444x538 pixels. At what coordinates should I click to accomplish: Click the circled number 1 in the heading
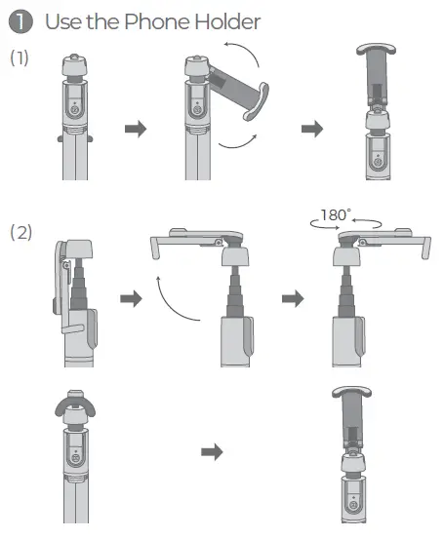click(20, 21)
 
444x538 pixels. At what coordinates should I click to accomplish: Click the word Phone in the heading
click(157, 21)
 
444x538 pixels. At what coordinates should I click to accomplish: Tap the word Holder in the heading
click(227, 21)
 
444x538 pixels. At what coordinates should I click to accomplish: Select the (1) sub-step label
click(20, 58)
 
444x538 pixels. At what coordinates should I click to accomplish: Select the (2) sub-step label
click(20, 232)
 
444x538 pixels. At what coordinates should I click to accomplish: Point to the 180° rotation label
click(336, 215)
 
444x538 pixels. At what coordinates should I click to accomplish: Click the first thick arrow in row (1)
click(136, 129)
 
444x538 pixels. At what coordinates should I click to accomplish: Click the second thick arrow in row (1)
click(312, 129)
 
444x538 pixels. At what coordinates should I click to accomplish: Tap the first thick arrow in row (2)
click(132, 298)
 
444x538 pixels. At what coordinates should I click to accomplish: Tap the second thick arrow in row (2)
click(293, 298)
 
